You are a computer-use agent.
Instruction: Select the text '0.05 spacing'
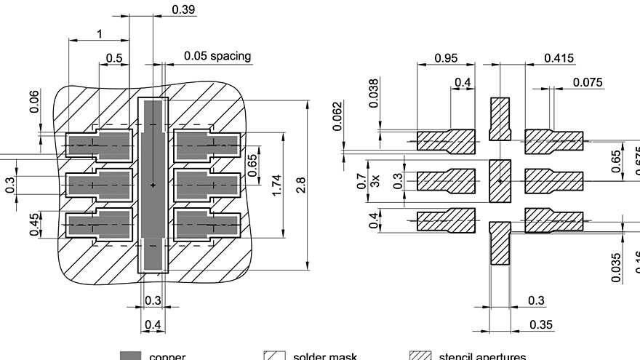point(217,55)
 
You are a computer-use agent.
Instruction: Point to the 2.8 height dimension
point(300,185)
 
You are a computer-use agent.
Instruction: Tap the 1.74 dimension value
point(276,185)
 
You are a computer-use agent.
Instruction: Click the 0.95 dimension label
point(446,58)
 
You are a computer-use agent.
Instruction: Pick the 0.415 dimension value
point(559,58)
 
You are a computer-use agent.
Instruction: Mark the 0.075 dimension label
point(588,82)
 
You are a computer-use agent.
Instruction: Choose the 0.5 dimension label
point(114,58)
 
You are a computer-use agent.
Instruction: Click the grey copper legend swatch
point(130,356)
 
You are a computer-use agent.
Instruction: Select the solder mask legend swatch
point(273,356)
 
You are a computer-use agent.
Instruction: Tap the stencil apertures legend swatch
point(420,356)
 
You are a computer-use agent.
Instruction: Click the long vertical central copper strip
point(153,185)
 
